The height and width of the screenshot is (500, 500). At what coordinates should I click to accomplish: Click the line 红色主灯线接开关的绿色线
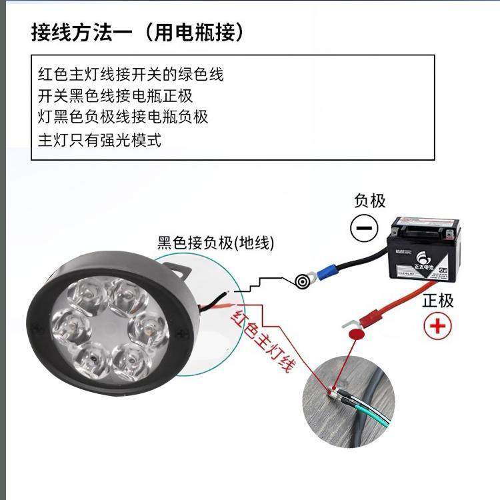tap(131, 74)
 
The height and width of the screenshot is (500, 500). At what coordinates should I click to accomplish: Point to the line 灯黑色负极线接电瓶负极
tap(123, 117)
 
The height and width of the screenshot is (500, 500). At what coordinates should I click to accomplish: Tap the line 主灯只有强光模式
tap(100, 140)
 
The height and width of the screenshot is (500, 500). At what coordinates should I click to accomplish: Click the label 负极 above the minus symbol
tap(369, 200)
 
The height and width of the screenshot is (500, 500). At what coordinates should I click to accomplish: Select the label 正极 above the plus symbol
tap(438, 300)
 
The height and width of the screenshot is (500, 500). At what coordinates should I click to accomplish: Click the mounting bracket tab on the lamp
tap(180, 269)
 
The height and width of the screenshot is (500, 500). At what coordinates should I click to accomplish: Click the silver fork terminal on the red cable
tap(348, 324)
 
